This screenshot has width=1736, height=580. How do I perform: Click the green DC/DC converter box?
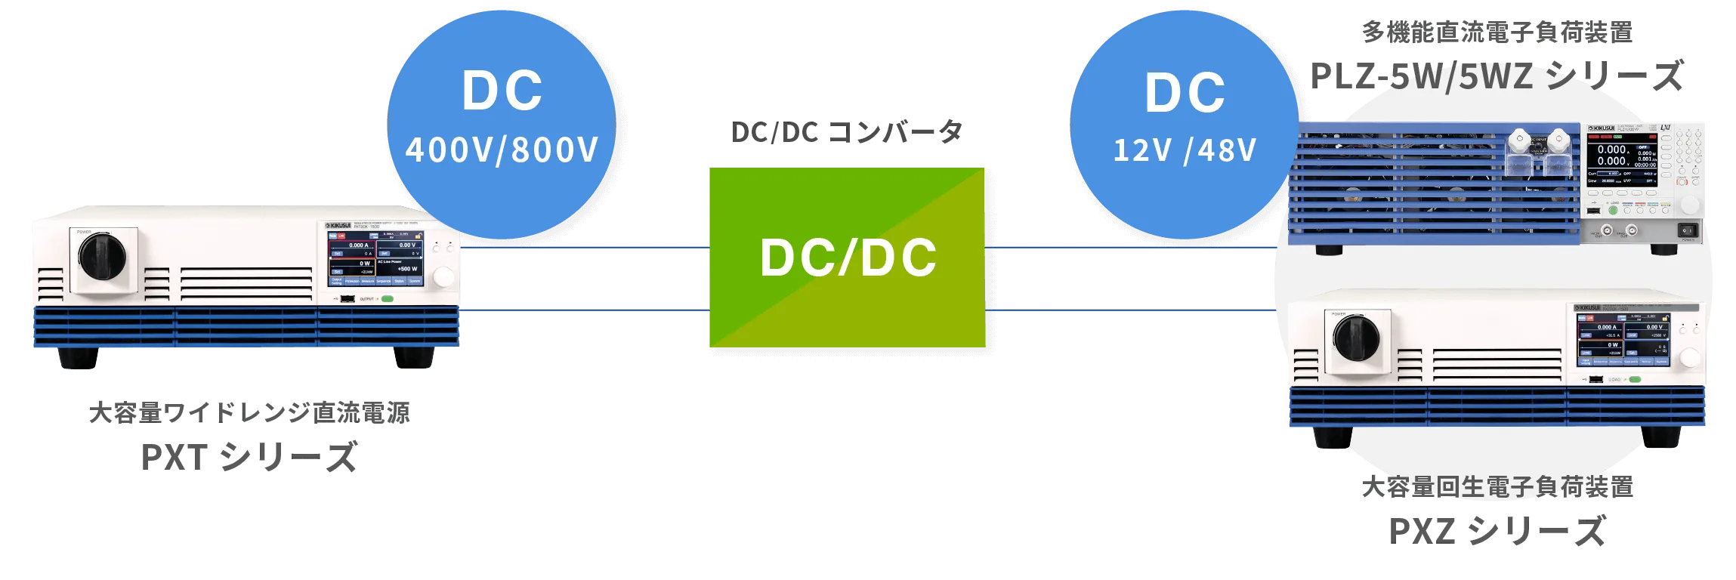[846, 257]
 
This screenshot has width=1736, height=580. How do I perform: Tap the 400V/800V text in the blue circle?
[502, 150]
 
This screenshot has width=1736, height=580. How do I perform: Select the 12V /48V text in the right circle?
[1184, 150]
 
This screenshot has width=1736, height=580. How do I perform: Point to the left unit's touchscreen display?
[375, 258]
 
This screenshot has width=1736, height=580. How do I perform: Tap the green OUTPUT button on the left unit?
[388, 299]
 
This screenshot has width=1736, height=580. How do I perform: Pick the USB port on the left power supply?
[347, 299]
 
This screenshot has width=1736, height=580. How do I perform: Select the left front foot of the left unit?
[79, 359]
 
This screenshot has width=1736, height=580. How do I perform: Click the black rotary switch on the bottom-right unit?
[1357, 338]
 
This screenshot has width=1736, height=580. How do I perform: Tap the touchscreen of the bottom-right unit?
[1623, 340]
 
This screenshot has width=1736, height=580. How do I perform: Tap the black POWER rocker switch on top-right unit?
[1686, 230]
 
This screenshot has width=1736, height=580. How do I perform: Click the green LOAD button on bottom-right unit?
[1635, 379]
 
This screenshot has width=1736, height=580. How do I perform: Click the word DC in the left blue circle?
[502, 91]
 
